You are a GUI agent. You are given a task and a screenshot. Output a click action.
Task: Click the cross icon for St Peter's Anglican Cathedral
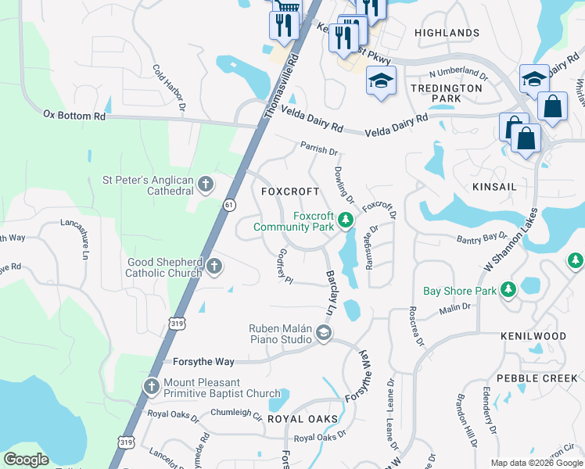point(206,184)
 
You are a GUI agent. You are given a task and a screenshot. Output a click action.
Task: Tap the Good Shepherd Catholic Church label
point(164,267)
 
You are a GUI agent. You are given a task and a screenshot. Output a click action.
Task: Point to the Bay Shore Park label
point(459,291)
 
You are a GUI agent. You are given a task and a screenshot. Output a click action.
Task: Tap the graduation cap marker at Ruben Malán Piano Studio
point(322,335)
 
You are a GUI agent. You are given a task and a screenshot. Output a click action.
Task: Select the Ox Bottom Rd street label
point(74,115)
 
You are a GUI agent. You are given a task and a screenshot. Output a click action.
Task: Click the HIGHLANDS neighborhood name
point(447,33)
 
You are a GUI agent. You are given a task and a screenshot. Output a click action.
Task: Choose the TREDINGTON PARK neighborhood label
point(447,94)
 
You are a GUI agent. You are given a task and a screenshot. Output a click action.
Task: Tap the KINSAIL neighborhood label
point(495,188)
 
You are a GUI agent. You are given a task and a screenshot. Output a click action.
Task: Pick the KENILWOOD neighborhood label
point(533,336)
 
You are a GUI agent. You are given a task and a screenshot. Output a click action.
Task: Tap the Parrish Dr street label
point(318,149)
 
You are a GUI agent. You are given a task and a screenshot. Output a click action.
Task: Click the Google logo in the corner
point(27,460)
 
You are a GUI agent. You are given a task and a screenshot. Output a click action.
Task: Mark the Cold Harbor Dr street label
point(170,86)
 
